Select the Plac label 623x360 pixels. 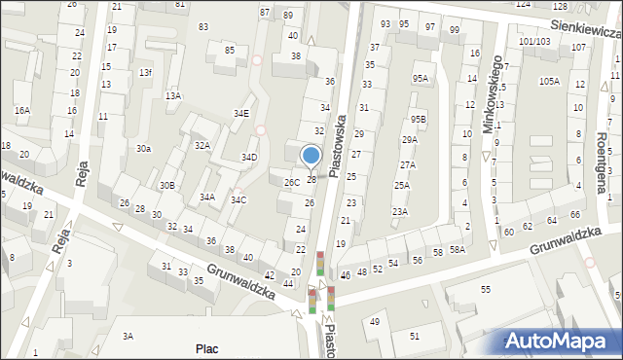coord(207,348)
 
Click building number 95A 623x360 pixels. coord(420,78)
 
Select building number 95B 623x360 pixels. coord(418,119)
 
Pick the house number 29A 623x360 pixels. coord(409,139)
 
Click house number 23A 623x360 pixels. coord(400,211)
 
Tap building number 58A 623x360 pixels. coord(458,250)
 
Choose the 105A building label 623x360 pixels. coord(549,81)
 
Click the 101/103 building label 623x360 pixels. coord(534,41)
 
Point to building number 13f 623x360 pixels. coord(145,73)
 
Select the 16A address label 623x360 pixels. coord(21,111)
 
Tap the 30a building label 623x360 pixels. coord(143,148)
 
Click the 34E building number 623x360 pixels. coord(240,113)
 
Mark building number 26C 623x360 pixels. coord(291,182)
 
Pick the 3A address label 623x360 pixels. coord(128,336)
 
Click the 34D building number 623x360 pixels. coord(249,157)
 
